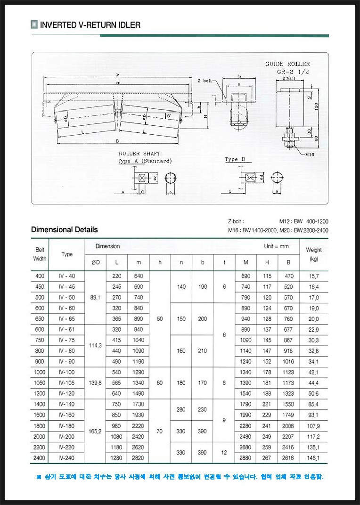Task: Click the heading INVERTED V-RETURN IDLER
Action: (x=90, y=25)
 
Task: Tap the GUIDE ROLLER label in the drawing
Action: (x=287, y=64)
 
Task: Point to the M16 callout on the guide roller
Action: (x=310, y=154)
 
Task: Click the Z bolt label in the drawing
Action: (x=205, y=81)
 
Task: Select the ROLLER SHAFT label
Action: (x=139, y=154)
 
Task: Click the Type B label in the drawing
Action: (x=235, y=160)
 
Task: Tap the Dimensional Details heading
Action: (x=65, y=230)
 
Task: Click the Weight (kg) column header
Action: (x=314, y=254)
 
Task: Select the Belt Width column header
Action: (x=40, y=254)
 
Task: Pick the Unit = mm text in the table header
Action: (x=276, y=246)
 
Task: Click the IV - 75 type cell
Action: (x=67, y=340)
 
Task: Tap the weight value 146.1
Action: (x=313, y=458)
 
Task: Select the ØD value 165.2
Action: (x=96, y=431)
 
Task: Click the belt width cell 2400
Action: (x=40, y=458)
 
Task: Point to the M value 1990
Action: (x=245, y=415)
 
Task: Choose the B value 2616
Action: (x=288, y=458)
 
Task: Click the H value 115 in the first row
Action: (x=267, y=276)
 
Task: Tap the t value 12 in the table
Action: (x=224, y=453)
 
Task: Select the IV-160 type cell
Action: (x=67, y=415)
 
